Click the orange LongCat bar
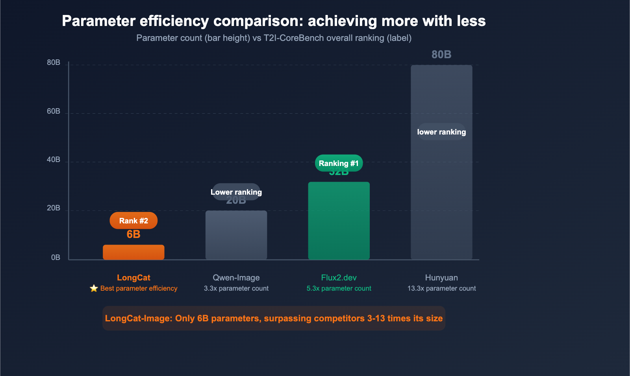(133, 252)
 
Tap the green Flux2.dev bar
(339, 221)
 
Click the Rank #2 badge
(133, 221)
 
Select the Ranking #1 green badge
(339, 163)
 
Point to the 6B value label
(133, 234)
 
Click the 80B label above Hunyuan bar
(441, 55)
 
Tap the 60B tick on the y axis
(54, 111)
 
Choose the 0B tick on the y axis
(56, 258)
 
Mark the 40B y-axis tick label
(54, 160)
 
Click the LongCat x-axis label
(133, 278)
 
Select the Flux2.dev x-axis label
(339, 278)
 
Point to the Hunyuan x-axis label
(441, 278)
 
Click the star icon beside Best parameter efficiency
(94, 288)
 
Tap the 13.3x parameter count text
(441, 288)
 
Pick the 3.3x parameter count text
(236, 288)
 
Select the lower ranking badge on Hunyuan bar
(441, 132)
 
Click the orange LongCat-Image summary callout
(274, 318)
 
